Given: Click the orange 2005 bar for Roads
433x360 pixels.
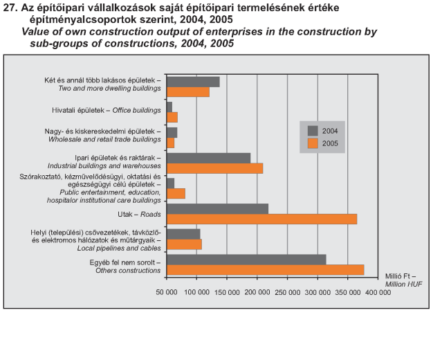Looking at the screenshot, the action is pyautogui.click(x=261, y=219).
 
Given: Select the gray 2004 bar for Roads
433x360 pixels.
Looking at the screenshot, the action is pyautogui.click(x=218, y=209).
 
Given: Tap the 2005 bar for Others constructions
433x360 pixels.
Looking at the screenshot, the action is pyautogui.click(x=266, y=270).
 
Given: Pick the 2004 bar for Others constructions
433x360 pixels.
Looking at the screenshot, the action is pyautogui.click(x=246, y=260).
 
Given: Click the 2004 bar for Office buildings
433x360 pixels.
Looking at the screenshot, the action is pyautogui.click(x=169, y=107).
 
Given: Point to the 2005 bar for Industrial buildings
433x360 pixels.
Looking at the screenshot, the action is pyautogui.click(x=215, y=168).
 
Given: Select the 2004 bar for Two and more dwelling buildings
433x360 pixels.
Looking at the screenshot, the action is pyautogui.click(x=193, y=82).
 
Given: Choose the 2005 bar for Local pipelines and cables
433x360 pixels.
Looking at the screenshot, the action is pyautogui.click(x=184, y=244).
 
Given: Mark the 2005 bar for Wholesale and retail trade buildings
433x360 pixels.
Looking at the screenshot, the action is pyautogui.click(x=170, y=143).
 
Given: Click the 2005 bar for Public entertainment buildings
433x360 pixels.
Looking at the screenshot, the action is pyautogui.click(x=176, y=194).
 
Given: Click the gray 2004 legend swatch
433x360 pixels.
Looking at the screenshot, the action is pyautogui.click(x=313, y=131).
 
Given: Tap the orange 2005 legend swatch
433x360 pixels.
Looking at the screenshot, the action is pyautogui.click(x=313, y=143).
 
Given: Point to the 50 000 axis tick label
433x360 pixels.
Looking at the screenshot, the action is pyautogui.click(x=167, y=292).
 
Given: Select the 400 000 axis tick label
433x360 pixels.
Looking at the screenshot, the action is pyautogui.click(x=378, y=292).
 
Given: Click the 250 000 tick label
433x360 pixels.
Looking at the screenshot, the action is pyautogui.click(x=288, y=292).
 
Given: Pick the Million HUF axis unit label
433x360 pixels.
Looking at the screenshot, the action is pyautogui.click(x=404, y=285).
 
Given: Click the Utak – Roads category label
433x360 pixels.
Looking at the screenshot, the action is pyautogui.click(x=139, y=215).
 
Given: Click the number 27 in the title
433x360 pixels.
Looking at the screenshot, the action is pyautogui.click(x=10, y=8).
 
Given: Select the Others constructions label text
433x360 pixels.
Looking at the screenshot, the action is pyautogui.click(x=128, y=271).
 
